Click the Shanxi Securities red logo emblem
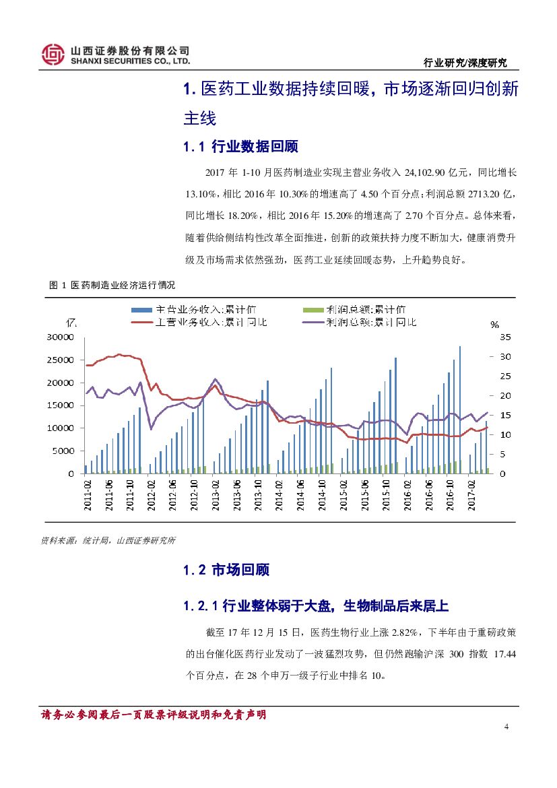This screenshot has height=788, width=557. pos(53,55)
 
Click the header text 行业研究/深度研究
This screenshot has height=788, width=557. pos(464,63)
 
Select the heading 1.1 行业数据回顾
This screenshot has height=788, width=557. pos(240,147)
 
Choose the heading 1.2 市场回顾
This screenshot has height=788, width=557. pos(226,570)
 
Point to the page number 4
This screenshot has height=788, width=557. pos(506,727)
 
